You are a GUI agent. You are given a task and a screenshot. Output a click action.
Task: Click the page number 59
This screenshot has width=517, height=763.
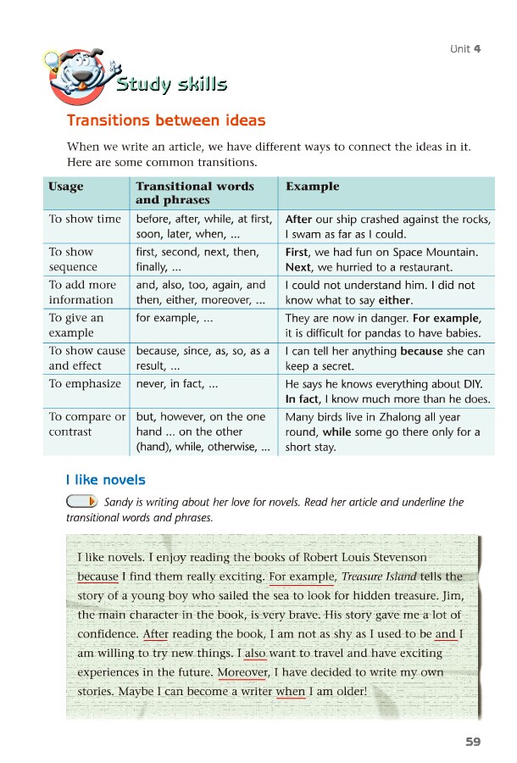point(473,742)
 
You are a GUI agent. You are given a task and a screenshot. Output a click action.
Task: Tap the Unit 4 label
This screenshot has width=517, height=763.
point(465,48)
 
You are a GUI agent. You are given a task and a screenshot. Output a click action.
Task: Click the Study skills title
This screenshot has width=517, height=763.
point(172,84)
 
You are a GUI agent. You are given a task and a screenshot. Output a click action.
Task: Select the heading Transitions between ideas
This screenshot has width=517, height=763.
point(166,121)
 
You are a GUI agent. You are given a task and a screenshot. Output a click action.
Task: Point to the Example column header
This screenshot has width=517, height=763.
point(313,187)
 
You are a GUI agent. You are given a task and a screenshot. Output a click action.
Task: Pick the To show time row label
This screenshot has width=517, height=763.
point(85,220)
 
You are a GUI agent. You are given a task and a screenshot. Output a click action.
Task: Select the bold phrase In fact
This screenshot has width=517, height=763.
point(302,399)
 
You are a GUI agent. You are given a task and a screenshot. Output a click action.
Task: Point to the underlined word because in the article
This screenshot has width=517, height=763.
point(97,576)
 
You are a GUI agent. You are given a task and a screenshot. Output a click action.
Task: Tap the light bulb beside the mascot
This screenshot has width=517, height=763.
point(51,60)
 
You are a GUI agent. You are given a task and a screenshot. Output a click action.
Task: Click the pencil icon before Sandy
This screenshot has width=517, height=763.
point(81,503)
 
